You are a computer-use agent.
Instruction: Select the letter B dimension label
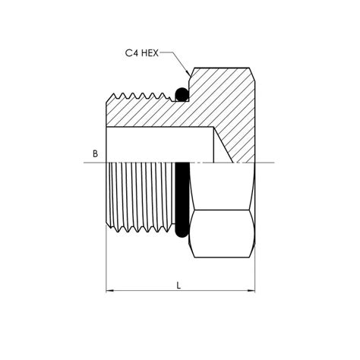[95, 154]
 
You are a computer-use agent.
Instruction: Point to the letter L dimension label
[178, 286]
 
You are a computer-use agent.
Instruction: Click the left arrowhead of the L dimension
[108, 291]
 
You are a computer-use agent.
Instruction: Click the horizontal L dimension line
[152, 291]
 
